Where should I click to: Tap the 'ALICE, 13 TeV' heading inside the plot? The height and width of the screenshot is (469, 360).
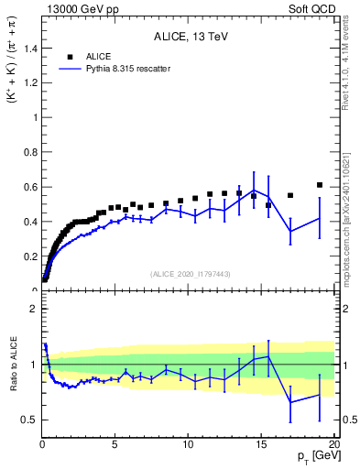[190, 37]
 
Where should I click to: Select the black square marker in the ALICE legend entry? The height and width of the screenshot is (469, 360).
[70, 56]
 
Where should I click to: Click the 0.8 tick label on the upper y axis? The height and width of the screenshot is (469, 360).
[27, 152]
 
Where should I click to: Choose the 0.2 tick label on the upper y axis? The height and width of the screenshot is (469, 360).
[27, 256]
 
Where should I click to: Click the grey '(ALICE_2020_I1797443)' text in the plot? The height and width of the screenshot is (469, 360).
[189, 274]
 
